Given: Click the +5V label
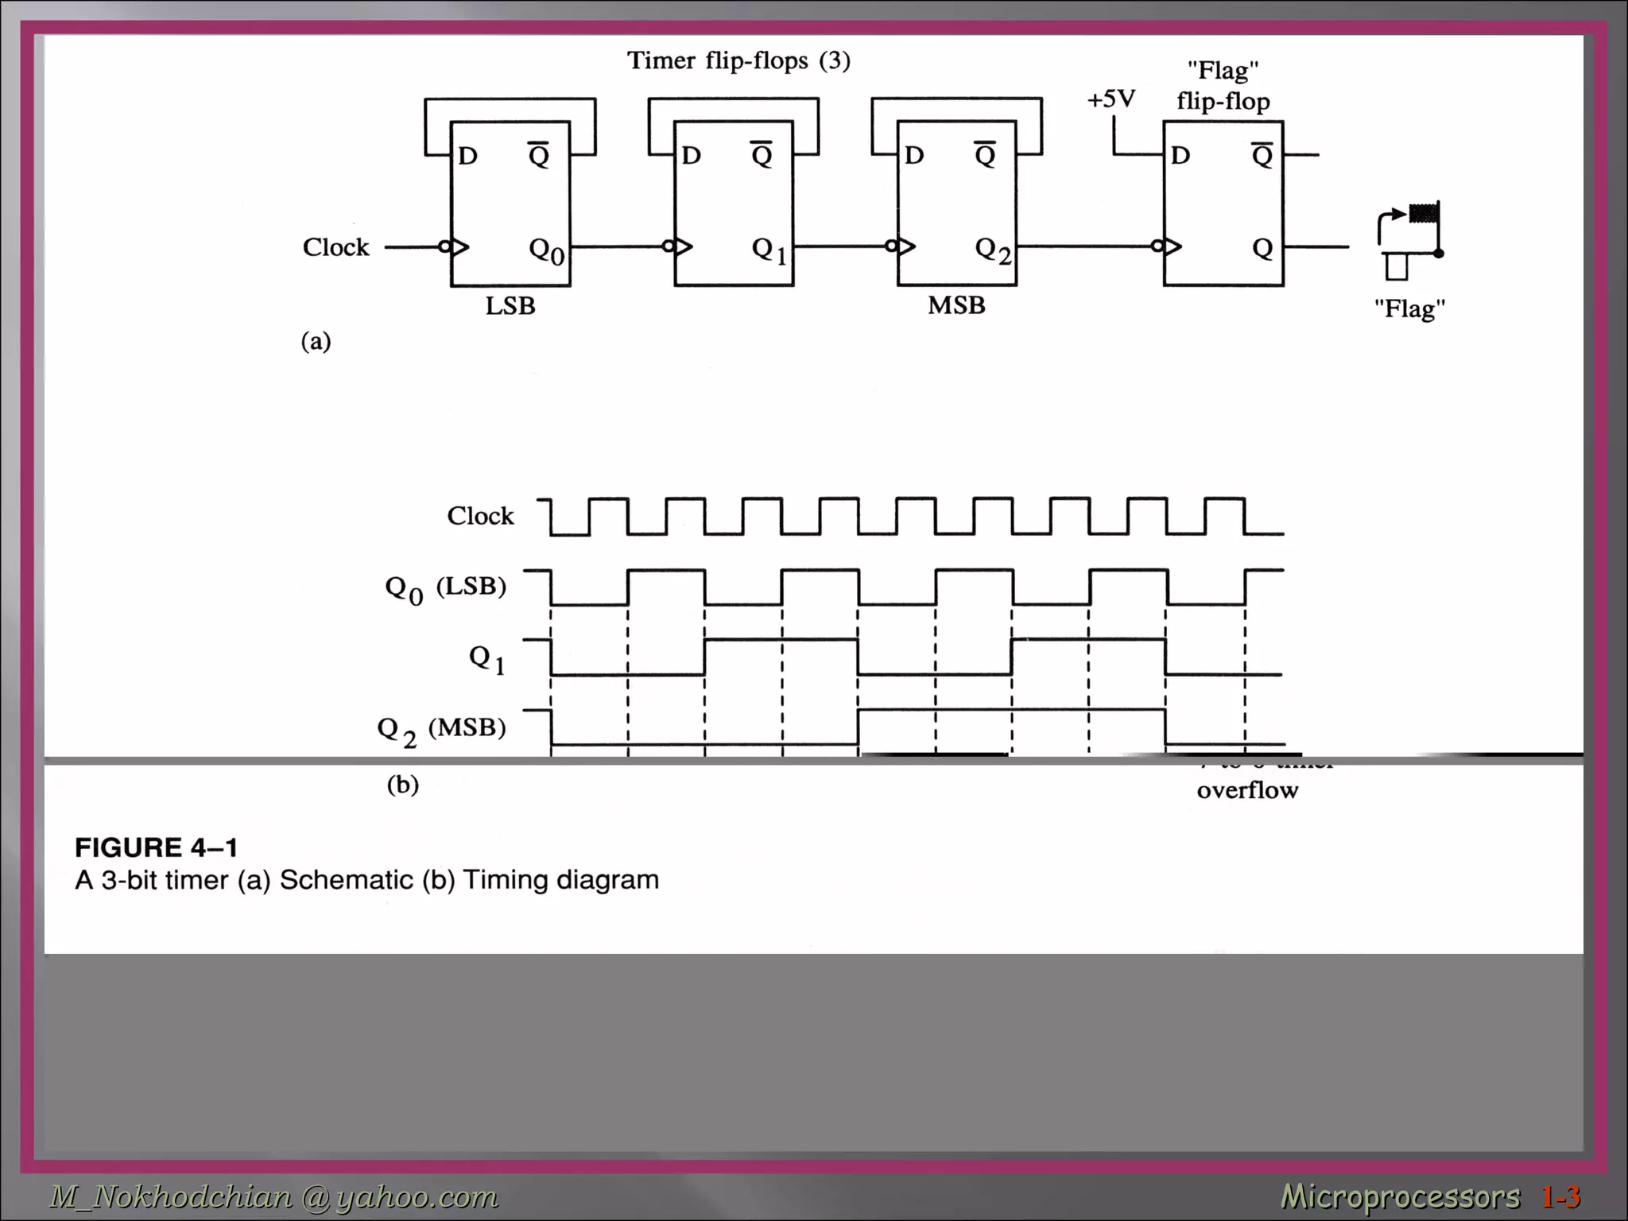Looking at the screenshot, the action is [1111, 99].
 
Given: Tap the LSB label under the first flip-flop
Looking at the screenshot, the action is [510, 306].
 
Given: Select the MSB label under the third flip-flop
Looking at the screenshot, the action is [956, 305].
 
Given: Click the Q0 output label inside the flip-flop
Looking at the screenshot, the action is [547, 250].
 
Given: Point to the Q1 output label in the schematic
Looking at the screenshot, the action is [769, 250].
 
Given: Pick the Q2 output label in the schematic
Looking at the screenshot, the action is [993, 250].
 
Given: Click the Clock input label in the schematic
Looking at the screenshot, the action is [335, 247].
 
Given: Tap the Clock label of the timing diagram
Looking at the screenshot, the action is [480, 516].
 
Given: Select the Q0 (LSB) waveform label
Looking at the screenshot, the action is [445, 589].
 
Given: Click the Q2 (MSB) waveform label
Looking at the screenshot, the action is [441, 729].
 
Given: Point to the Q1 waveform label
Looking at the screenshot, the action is [486, 659].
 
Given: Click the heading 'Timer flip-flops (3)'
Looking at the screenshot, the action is [738, 60].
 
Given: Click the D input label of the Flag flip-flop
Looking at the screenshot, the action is [1180, 155].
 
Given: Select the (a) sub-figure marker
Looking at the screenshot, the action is [316, 341].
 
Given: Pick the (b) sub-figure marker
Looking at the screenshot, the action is [402, 785].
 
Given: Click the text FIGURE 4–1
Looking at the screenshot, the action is [157, 847].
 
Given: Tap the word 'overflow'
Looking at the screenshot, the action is [1247, 790].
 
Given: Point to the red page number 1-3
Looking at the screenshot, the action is [1560, 1196].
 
